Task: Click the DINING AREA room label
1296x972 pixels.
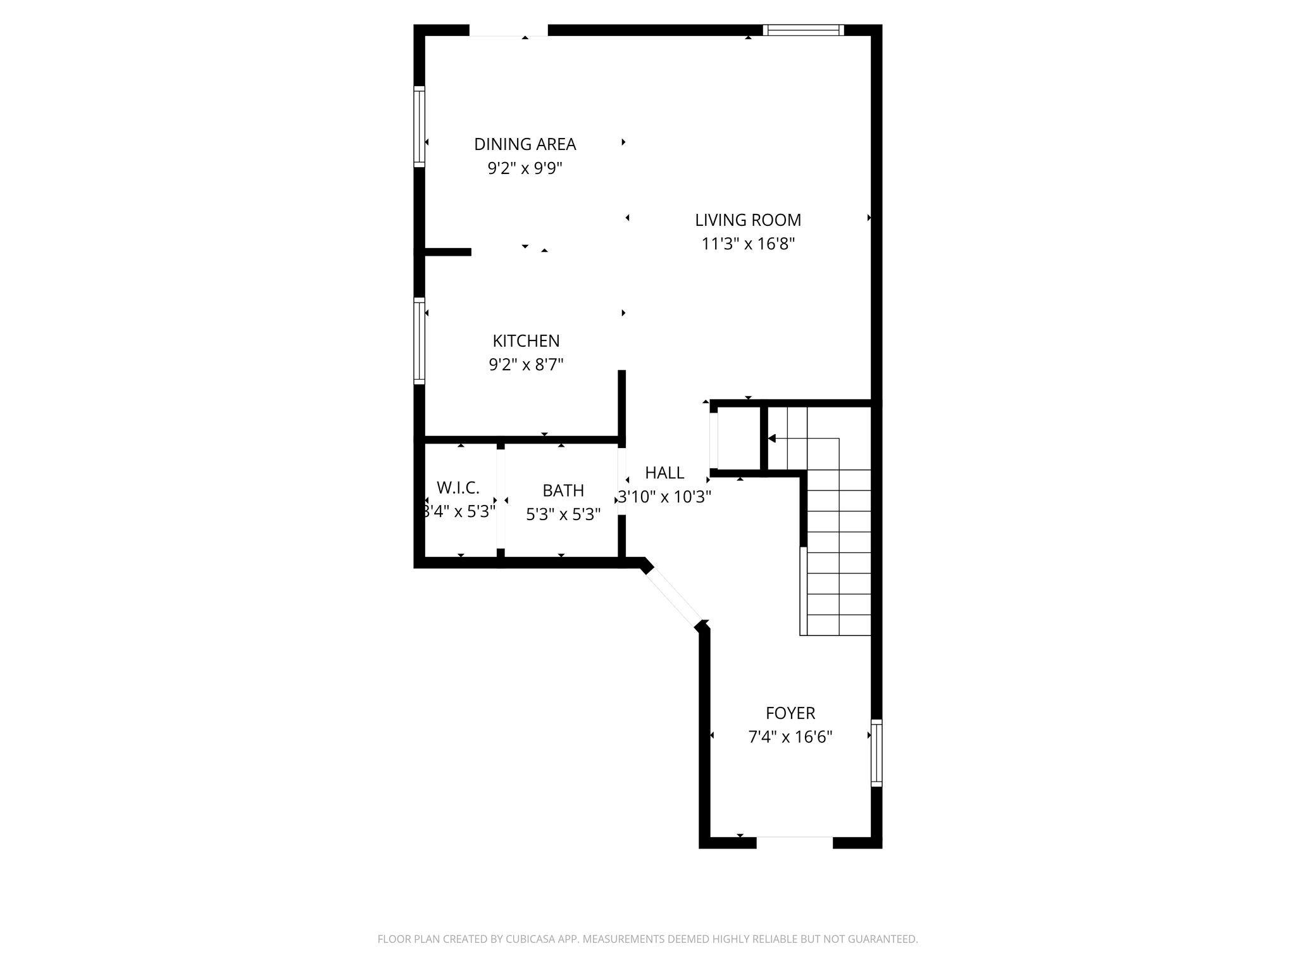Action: pos(525,144)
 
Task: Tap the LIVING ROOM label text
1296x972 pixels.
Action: pos(747,220)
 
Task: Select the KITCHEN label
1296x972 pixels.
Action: pos(526,341)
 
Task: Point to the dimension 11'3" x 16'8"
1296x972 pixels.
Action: pos(747,244)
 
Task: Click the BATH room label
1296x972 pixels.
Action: pos(563,490)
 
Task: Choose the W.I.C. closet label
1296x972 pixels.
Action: pos(458,488)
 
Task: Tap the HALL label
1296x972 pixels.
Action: pos(664,473)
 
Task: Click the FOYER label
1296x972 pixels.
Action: pos(790,713)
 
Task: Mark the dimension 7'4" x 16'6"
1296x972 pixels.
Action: pos(790,737)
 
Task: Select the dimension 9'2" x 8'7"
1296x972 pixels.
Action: pos(526,365)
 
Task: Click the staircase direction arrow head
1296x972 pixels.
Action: pos(771,438)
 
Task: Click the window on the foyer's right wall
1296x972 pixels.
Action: pos(876,753)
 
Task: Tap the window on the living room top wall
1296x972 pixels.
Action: pos(803,30)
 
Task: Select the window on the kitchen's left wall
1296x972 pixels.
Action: pos(419,340)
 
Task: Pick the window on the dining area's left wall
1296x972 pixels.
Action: pos(419,127)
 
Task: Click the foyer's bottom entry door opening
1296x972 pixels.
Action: pos(794,842)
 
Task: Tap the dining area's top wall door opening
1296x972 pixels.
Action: pos(508,30)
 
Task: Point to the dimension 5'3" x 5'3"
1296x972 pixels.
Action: pos(563,514)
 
